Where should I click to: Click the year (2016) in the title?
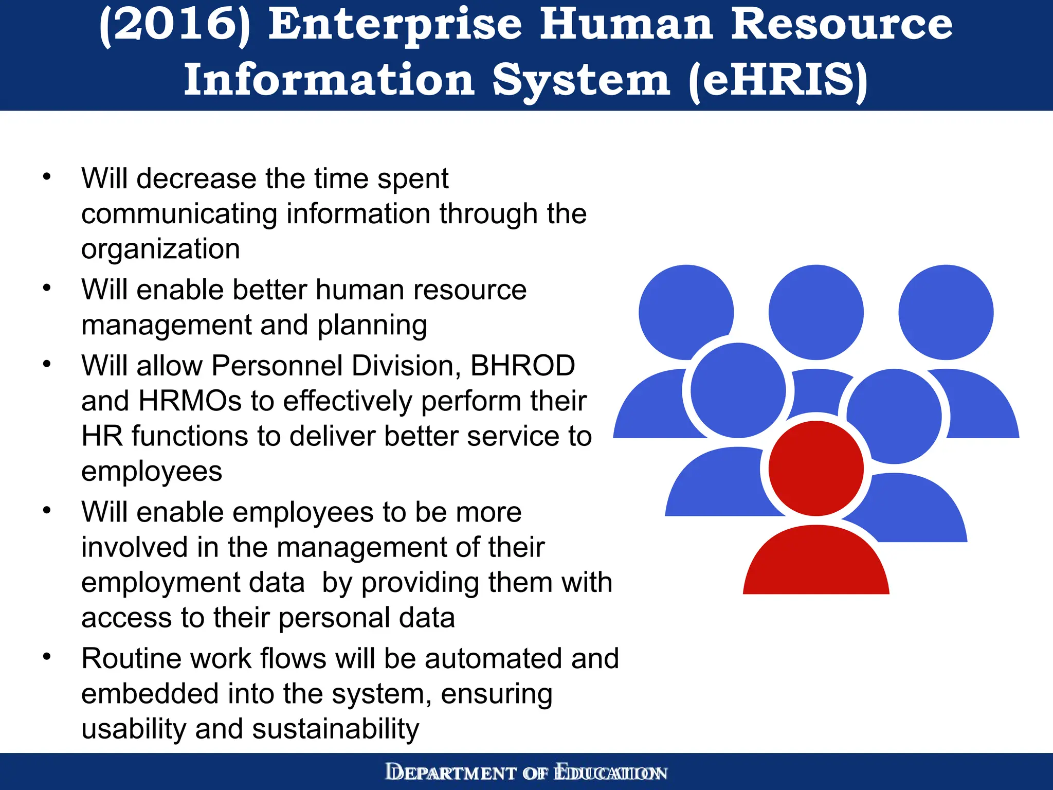click(175, 26)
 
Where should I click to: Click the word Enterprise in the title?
click(395, 26)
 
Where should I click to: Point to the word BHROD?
click(522, 366)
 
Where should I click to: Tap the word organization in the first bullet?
click(160, 249)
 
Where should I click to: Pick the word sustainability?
click(335, 729)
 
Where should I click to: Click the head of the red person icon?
click(816, 468)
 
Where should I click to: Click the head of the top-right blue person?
click(946, 312)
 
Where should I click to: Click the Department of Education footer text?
click(526, 773)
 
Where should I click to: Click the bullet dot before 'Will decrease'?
click(47, 177)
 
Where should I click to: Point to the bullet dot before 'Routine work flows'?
click(47, 657)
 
